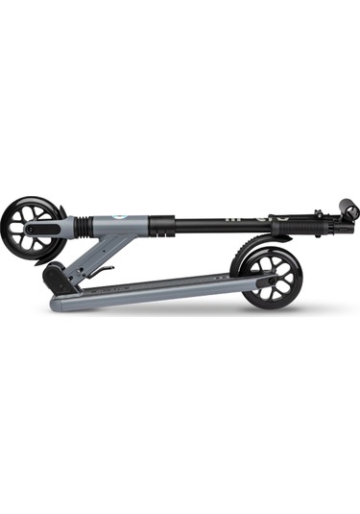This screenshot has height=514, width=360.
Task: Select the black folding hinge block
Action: coord(60,279)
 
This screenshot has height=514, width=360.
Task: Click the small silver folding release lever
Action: coord(106,272)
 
